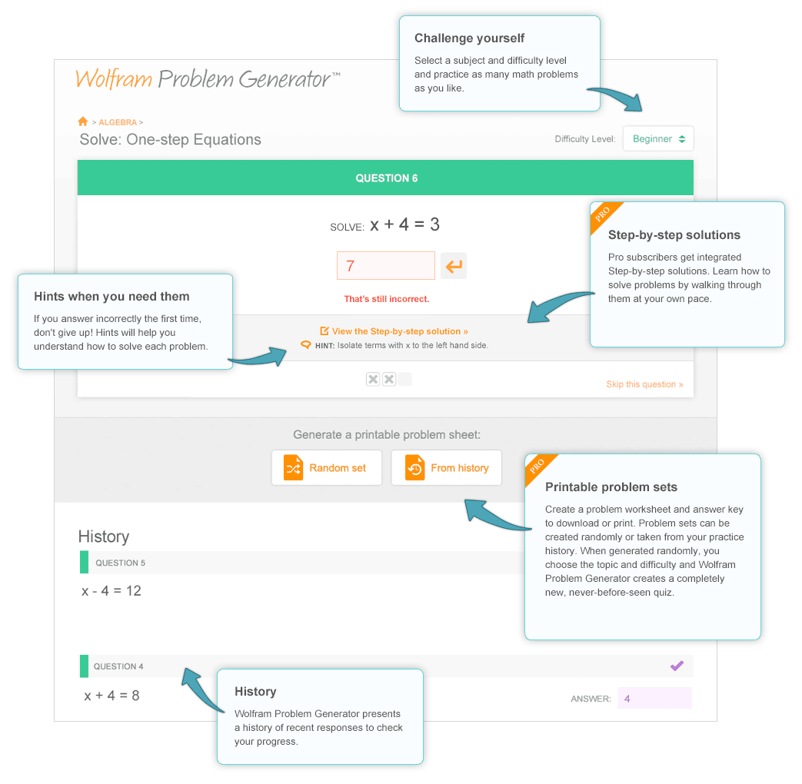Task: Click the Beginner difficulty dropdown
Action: click(658, 139)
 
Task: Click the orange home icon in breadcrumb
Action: click(83, 121)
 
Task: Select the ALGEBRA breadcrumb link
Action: click(117, 122)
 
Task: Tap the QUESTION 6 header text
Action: click(386, 178)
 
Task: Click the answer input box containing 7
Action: click(385, 266)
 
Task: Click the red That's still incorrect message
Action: click(386, 298)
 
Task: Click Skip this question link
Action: click(644, 384)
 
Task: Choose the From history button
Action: click(446, 467)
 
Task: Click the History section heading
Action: click(103, 537)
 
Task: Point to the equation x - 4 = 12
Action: click(111, 590)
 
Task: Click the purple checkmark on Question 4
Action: click(677, 666)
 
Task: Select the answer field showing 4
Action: click(654, 698)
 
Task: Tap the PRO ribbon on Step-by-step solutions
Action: click(604, 214)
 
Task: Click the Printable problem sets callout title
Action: click(611, 487)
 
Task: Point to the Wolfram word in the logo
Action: click(114, 79)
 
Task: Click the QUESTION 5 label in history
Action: click(120, 563)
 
